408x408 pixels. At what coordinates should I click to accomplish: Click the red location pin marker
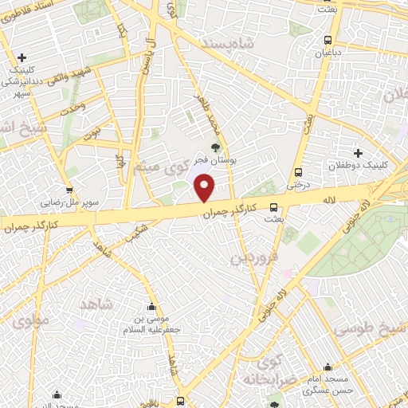point(205,188)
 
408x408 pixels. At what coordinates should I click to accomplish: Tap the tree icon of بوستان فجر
point(215,147)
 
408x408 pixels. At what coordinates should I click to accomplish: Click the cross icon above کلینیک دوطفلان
point(358,152)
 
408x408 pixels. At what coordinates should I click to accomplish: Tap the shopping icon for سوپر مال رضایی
point(70,190)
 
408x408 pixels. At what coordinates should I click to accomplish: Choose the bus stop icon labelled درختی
point(298,171)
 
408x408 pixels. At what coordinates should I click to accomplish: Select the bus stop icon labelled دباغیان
point(328,40)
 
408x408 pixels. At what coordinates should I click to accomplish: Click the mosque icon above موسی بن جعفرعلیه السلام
point(151,307)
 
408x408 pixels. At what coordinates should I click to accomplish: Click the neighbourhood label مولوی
point(31,320)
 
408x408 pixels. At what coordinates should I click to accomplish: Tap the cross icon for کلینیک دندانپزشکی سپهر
point(22,57)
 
